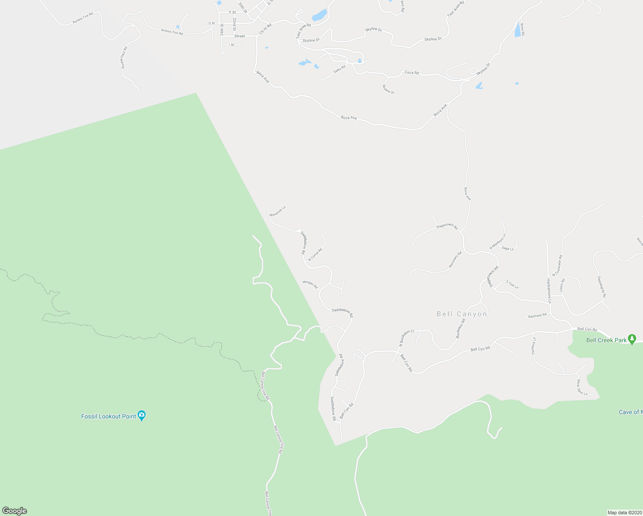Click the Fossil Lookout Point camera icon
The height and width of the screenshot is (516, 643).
[x=142, y=416]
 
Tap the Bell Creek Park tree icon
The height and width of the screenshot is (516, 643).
[x=631, y=339]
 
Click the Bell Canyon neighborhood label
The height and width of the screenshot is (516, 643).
[x=462, y=314]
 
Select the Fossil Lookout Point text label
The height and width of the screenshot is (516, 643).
[x=109, y=416]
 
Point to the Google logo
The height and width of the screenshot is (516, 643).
[x=14, y=511]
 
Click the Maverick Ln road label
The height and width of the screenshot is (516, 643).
[x=277, y=211]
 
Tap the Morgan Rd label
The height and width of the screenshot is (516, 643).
[x=310, y=284]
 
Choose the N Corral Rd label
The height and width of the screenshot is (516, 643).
[x=315, y=254]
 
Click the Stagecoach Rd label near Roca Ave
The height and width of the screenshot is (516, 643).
[x=447, y=226]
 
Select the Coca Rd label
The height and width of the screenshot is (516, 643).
[x=411, y=73]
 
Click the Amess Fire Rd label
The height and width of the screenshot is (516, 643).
[x=172, y=31]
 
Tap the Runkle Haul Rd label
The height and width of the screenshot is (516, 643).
[x=124, y=58]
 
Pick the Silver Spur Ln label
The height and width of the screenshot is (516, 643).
[x=582, y=387]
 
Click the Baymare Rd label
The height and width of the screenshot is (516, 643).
[x=537, y=316]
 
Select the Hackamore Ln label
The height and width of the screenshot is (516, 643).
[x=549, y=291]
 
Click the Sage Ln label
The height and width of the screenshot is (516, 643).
[x=508, y=249]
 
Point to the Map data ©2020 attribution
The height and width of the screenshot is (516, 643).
[x=625, y=513]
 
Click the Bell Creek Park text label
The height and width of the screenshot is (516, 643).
[x=606, y=340]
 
